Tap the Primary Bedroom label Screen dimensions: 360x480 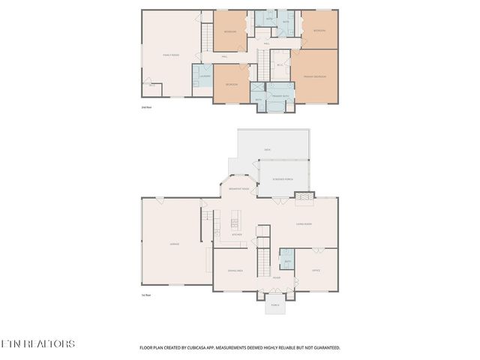point(313,76)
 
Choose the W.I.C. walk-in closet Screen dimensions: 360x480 point(279,64)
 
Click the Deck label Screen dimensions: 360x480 point(267,150)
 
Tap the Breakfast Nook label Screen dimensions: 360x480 point(239,189)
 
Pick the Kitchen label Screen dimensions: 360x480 point(237,234)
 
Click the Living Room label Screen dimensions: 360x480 point(304,223)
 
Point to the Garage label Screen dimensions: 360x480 point(174,244)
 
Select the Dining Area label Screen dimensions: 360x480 point(235,271)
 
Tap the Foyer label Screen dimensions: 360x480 point(277,277)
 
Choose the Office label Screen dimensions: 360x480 point(316,270)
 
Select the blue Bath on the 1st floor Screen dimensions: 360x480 point(287,259)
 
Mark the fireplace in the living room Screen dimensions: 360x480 point(304,199)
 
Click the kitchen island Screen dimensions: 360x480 point(235,221)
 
